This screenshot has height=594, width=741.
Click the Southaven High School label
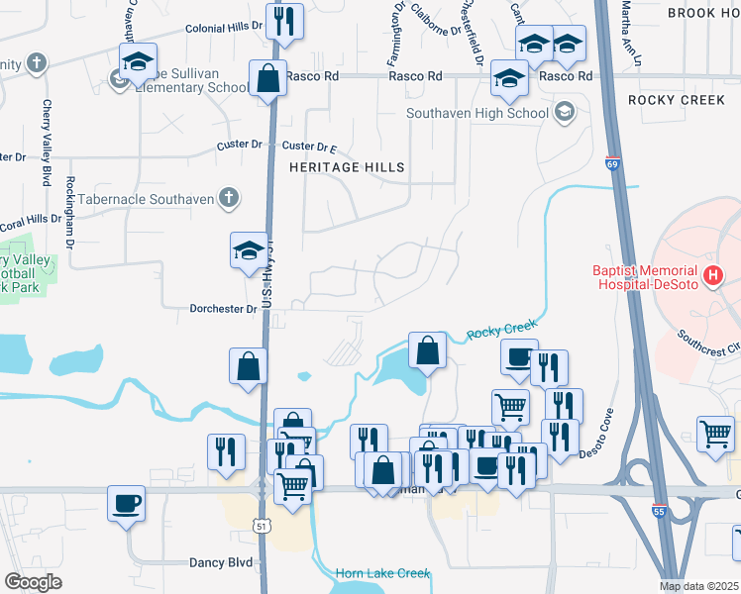pyautogui.click(x=477, y=113)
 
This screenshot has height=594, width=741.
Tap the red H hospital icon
pyautogui.click(x=710, y=274)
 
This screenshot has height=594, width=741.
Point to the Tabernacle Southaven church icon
pyautogui.click(x=228, y=198)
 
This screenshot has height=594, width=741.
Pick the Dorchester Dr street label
pyautogui.click(x=224, y=309)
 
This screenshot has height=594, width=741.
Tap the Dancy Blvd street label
pyautogui.click(x=221, y=561)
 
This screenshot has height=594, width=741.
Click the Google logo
pyautogui.click(x=32, y=582)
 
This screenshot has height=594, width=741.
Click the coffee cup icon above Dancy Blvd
pyautogui.click(x=126, y=502)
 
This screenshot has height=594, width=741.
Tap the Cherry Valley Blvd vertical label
pyautogui.click(x=47, y=144)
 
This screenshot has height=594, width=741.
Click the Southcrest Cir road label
pyautogui.click(x=707, y=343)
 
